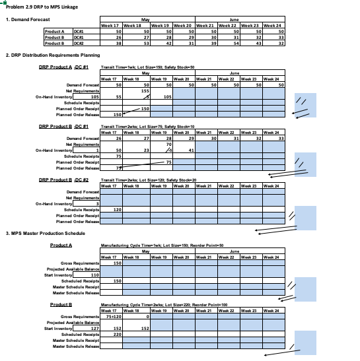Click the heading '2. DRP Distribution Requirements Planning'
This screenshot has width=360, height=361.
coord(52,55)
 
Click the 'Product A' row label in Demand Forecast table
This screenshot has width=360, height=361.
coord(54,31)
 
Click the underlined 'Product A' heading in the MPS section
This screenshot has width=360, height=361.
coord(60,245)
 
